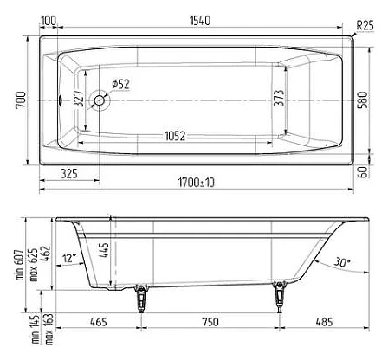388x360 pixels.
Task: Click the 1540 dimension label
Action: pos(200,21)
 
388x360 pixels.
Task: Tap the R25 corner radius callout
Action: pos(365,25)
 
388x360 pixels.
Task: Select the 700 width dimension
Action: pos(21,100)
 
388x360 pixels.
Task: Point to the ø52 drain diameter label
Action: pos(121,84)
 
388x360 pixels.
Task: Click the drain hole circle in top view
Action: pos(100,100)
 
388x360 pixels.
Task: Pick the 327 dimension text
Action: pos(79,99)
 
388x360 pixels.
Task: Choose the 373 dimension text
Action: pos(279,98)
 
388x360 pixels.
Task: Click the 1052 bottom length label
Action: pos(175,136)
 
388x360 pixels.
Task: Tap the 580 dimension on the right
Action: pos(363,100)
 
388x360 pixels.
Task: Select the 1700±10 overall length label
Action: pos(197,183)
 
